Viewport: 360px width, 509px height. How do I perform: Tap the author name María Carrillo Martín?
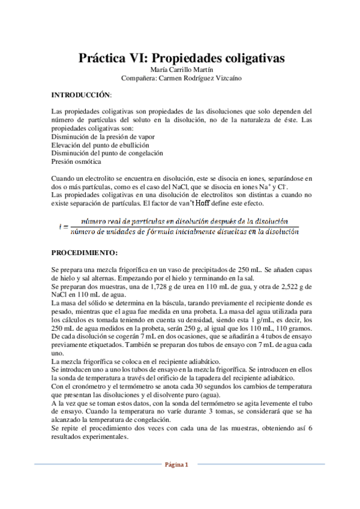pyautogui.click(x=180, y=70)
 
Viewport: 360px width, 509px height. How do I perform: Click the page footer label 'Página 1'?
pyautogui.click(x=180, y=464)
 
